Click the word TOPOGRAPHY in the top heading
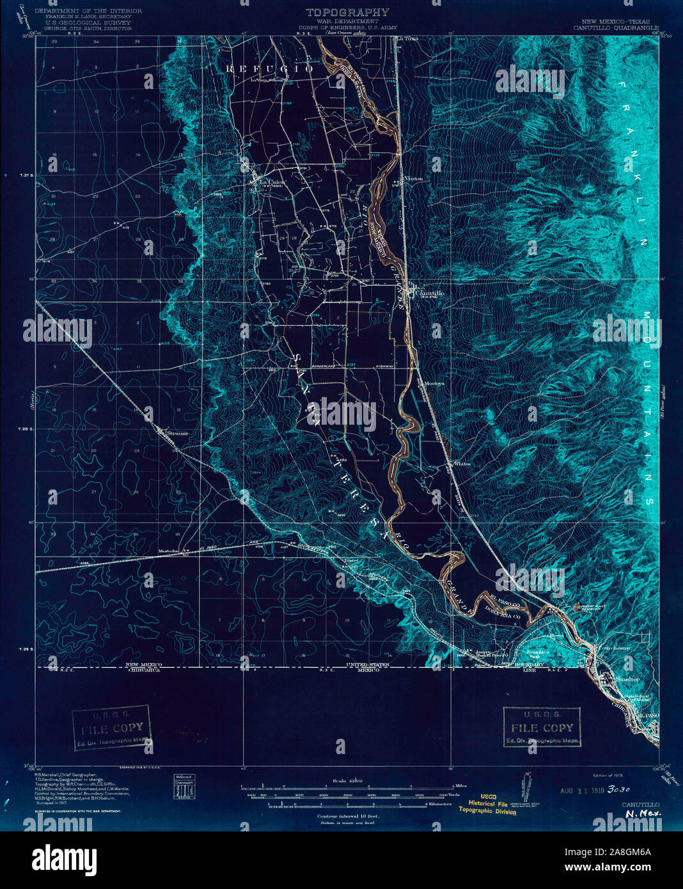click(x=347, y=12)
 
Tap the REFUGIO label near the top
click(x=269, y=68)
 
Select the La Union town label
click(x=272, y=182)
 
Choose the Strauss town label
click(x=177, y=433)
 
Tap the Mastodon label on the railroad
click(x=170, y=551)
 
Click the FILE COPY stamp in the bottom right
click(x=542, y=728)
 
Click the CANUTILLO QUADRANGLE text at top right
click(x=611, y=28)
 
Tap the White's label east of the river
click(x=461, y=464)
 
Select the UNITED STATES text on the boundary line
click(x=366, y=665)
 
